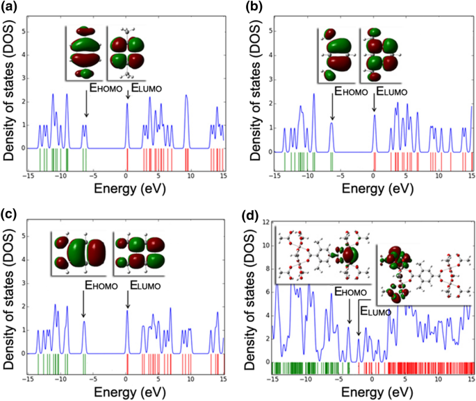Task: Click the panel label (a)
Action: (x=11, y=9)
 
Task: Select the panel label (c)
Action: (x=11, y=214)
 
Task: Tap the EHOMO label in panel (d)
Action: (x=346, y=291)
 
